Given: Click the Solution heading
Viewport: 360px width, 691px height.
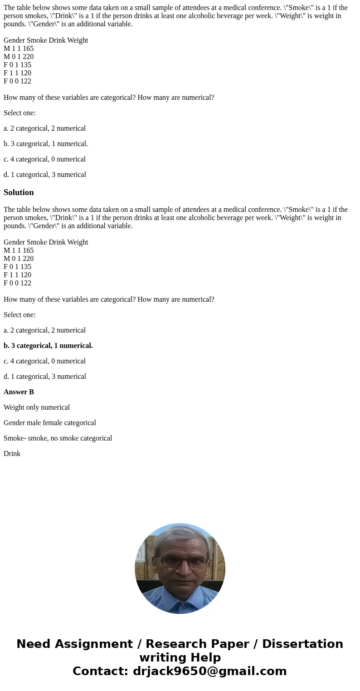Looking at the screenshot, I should tap(19, 192).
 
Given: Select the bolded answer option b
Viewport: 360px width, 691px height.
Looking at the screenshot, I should tap(48, 346).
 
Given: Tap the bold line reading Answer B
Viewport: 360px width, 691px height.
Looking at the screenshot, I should tap(19, 392).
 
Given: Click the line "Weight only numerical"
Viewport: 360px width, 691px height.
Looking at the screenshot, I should tap(37, 407).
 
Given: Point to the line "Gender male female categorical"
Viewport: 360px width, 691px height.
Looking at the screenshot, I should tap(50, 423).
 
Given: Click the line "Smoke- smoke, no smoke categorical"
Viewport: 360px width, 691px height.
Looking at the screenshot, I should tap(58, 438).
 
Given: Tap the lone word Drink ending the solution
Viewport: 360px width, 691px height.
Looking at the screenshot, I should tap(12, 454).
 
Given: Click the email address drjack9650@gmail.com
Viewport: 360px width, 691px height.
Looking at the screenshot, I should tap(209, 671).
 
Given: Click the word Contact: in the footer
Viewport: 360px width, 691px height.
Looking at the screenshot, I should tap(101, 671).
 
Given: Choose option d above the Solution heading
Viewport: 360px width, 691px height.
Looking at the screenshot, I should tap(45, 175).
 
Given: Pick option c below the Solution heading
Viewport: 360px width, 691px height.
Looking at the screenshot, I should tap(44, 361).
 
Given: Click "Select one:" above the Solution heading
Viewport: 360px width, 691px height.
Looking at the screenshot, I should tap(19, 113).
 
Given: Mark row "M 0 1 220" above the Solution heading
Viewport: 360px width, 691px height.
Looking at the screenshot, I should tap(19, 57).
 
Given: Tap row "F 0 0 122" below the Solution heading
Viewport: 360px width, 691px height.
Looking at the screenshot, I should tap(18, 283).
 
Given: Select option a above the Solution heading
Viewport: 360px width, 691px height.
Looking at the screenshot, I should tap(44, 128).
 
